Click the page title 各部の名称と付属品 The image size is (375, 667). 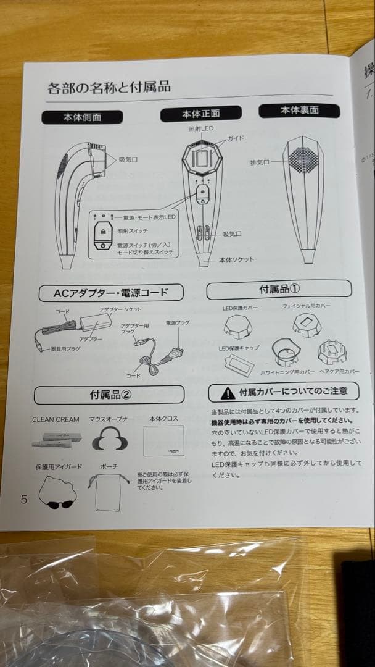click(x=109, y=87)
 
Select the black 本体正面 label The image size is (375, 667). click(x=200, y=114)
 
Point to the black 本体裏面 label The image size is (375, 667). click(x=299, y=111)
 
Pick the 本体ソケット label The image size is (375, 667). click(x=236, y=260)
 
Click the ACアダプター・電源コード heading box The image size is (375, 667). click(x=111, y=292)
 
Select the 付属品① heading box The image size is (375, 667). click(x=279, y=289)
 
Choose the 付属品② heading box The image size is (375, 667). click(x=109, y=394)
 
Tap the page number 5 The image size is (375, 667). click(x=24, y=500)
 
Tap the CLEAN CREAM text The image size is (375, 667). click(x=56, y=419)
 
